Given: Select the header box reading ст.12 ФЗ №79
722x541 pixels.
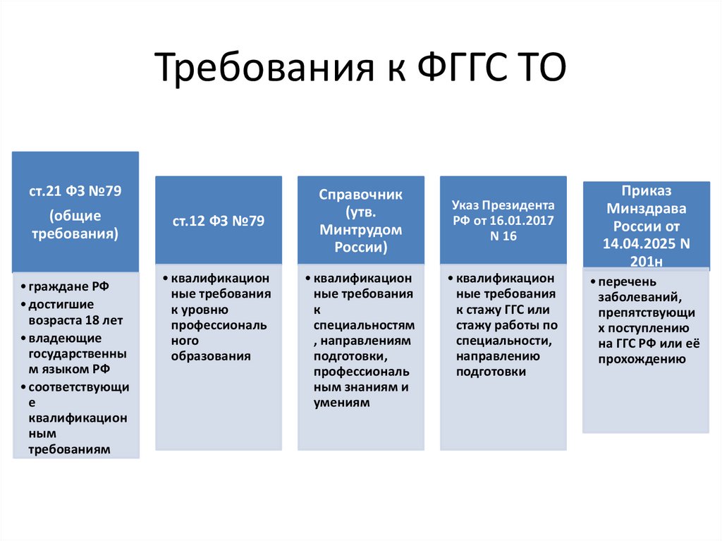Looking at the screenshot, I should pyautogui.click(x=219, y=221).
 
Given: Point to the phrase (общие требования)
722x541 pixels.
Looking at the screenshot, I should pyautogui.click(x=75, y=224).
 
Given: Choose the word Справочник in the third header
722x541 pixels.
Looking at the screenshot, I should pyautogui.click(x=360, y=195).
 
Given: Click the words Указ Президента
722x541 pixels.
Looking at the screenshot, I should pyautogui.click(x=503, y=205).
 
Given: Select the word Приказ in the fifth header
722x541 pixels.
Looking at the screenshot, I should pyautogui.click(x=646, y=191).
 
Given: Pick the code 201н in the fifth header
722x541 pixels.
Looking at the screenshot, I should pyautogui.click(x=646, y=262).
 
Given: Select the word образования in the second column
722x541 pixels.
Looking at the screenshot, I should pyautogui.click(x=211, y=356).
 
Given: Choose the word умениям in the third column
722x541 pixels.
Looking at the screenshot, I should pyautogui.click(x=341, y=402).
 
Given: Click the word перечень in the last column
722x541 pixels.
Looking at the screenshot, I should pyautogui.click(x=622, y=282).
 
